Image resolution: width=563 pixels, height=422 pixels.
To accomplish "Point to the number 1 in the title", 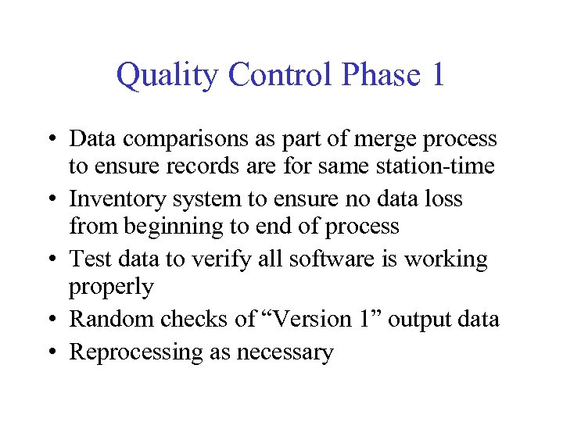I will [437, 75].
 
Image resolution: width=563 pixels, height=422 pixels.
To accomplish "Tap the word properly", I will [111, 288].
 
